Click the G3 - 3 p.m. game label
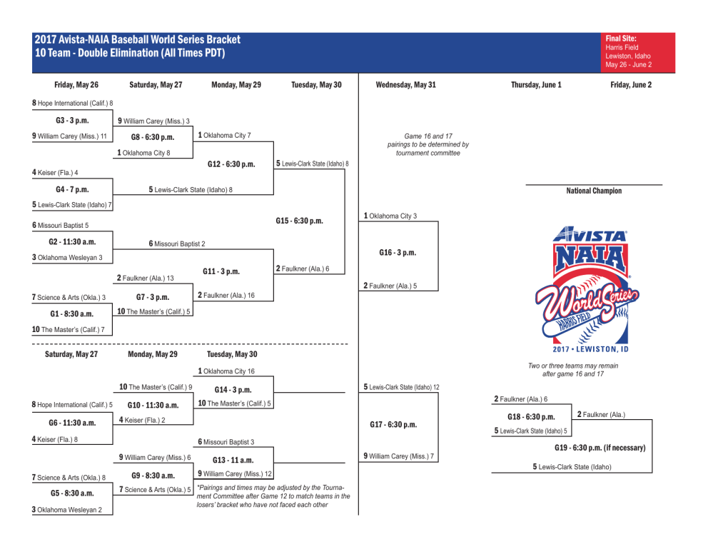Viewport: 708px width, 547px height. [x=71, y=120]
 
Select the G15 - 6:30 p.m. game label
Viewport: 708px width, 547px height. [x=299, y=221]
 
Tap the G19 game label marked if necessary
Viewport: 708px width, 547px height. [x=600, y=448]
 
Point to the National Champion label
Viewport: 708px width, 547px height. [x=594, y=191]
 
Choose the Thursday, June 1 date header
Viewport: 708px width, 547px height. [x=536, y=84]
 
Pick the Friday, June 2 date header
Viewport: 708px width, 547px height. [x=631, y=84]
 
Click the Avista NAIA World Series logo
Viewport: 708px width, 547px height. [x=590, y=286]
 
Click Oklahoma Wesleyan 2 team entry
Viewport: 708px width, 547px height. [x=67, y=510]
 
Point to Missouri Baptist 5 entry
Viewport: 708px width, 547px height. [x=61, y=225]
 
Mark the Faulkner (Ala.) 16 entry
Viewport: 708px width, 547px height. [x=226, y=295]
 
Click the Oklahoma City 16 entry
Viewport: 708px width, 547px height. [x=226, y=371]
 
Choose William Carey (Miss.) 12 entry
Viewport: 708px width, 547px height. [x=235, y=473]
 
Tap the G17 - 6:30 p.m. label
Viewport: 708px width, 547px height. [x=393, y=425]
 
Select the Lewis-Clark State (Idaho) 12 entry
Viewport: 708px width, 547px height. [x=401, y=387]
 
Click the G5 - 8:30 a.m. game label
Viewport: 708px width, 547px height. [x=71, y=493]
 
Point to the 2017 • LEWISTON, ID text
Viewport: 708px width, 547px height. [x=590, y=349]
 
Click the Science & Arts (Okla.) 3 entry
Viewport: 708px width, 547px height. [x=69, y=297]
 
